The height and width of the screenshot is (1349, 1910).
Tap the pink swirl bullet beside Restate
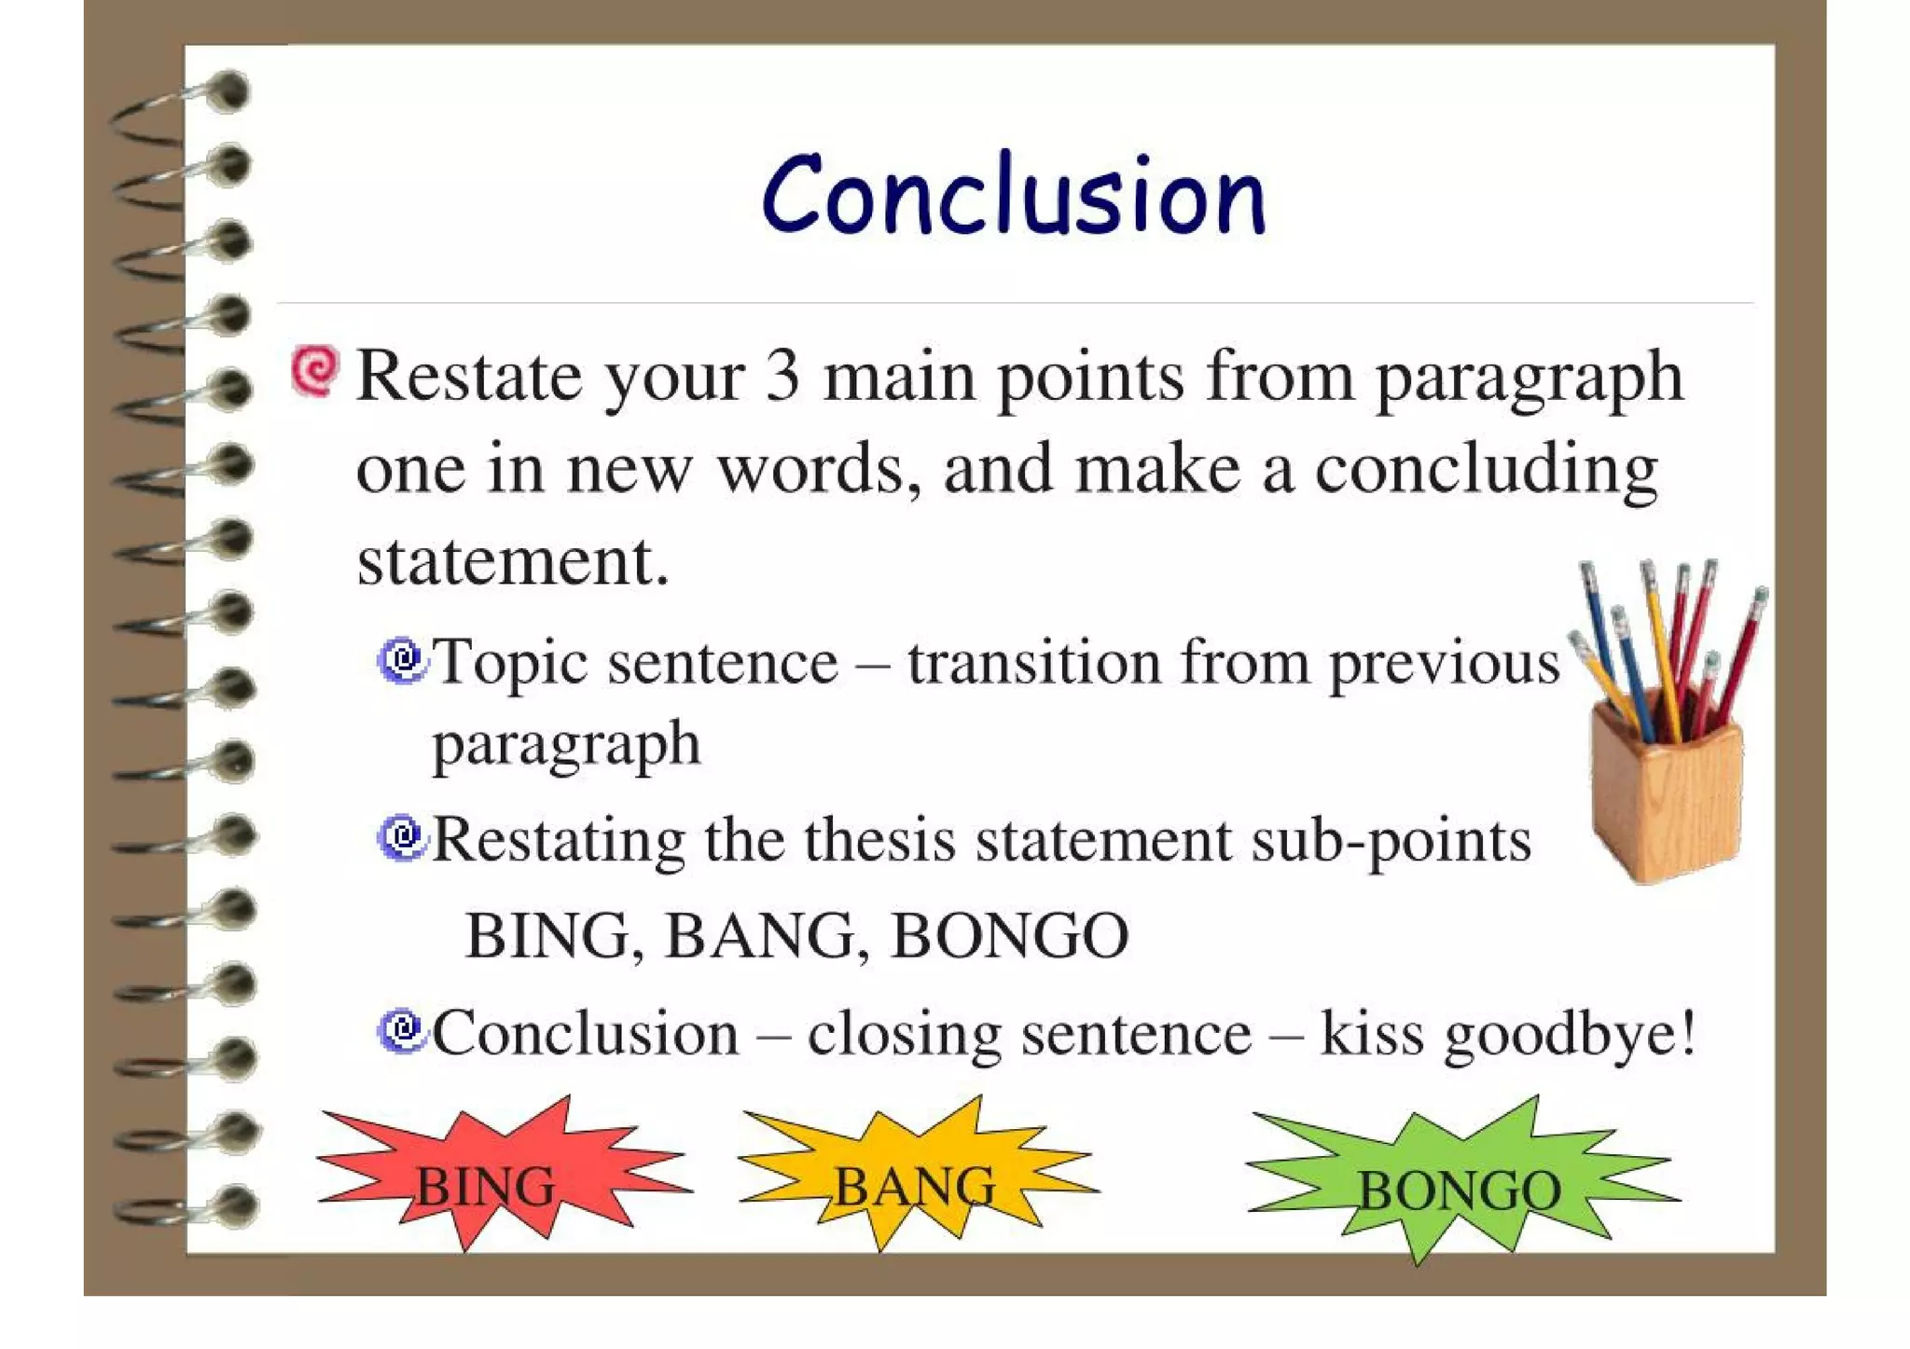pos(314,371)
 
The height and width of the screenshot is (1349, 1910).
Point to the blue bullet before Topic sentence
pos(403,660)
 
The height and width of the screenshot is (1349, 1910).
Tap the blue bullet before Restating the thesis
pos(403,837)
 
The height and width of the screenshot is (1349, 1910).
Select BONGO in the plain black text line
pos(1010,935)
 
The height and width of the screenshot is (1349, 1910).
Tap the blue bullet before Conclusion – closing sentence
pos(403,1030)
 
